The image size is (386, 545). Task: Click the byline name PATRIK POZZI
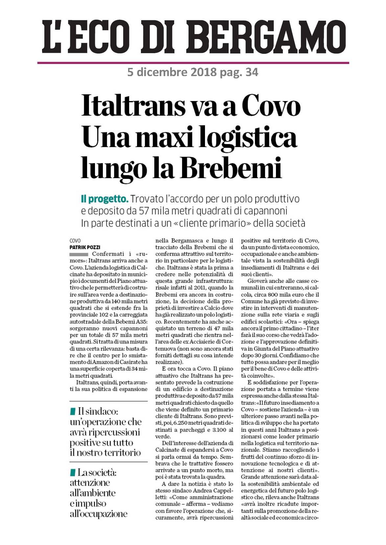point(85,247)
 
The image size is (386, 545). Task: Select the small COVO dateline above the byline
point(75,241)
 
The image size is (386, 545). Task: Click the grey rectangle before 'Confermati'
point(79,254)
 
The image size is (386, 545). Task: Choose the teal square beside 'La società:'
point(73,472)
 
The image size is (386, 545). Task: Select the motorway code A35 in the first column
point(142,321)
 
